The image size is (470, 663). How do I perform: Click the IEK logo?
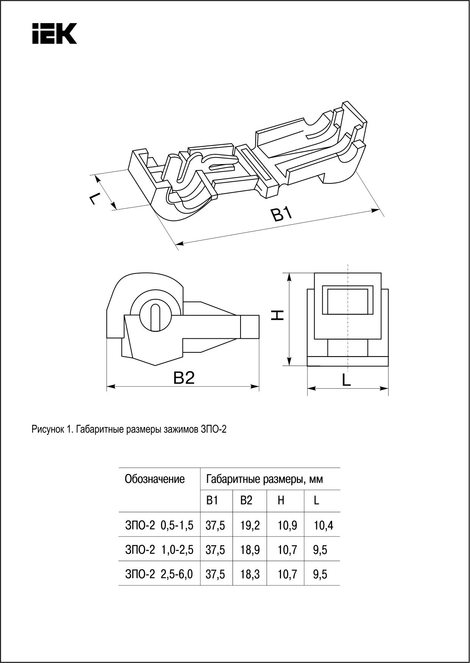54,33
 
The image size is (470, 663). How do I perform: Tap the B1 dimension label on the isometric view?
282,215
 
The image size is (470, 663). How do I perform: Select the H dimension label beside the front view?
278,315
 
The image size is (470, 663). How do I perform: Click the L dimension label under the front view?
346,380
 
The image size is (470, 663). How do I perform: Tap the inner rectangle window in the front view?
348,301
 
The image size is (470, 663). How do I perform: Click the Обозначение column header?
155,479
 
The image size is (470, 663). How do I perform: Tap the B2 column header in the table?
246,501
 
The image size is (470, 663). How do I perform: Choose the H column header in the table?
281,501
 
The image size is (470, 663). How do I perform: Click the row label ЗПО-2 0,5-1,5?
159,525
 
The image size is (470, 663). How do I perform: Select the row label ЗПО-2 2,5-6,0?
159,574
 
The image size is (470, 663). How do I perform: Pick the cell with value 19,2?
250,525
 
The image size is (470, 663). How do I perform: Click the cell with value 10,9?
287,525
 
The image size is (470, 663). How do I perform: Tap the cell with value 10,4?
323,525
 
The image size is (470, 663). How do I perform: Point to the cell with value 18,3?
250,574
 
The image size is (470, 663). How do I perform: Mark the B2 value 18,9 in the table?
250,550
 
